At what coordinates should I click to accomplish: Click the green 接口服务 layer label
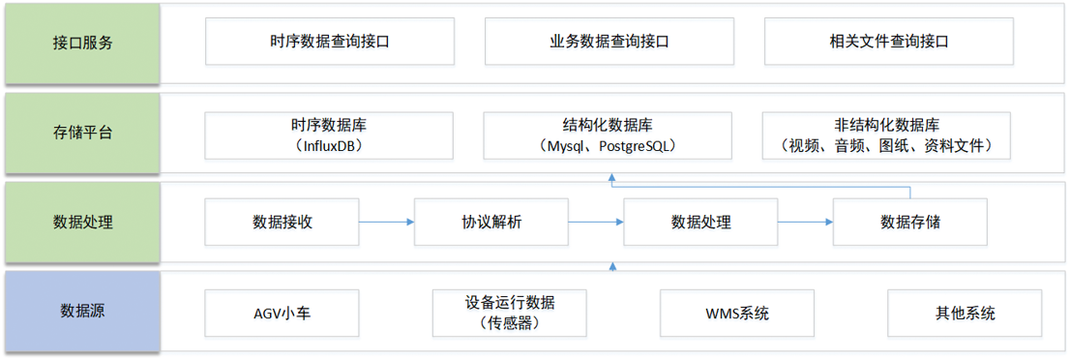click(x=82, y=43)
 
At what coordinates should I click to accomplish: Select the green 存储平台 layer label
click(x=82, y=133)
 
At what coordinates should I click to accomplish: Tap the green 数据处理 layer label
click(x=82, y=222)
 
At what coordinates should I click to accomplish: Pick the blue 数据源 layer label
click(x=82, y=312)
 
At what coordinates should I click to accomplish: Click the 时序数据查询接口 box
click(x=330, y=43)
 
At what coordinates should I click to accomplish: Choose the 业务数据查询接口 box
click(x=609, y=43)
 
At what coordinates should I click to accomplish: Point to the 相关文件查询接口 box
click(x=888, y=43)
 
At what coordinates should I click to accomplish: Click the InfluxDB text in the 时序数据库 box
click(x=329, y=146)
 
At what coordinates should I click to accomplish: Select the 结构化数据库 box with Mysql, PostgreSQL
click(x=608, y=135)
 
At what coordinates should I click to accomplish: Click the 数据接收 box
click(x=282, y=222)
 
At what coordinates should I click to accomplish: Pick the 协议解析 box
click(x=490, y=222)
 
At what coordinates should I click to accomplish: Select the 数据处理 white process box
click(x=700, y=222)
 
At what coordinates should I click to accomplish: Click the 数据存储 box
click(x=909, y=222)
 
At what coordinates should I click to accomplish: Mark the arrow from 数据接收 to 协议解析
click(x=386, y=222)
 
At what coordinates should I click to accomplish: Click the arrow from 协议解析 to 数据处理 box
click(x=595, y=222)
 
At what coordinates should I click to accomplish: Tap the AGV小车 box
click(x=282, y=312)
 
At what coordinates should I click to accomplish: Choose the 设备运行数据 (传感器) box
click(x=509, y=312)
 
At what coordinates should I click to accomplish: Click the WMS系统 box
click(x=737, y=312)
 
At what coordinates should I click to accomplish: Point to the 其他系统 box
click(x=965, y=312)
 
